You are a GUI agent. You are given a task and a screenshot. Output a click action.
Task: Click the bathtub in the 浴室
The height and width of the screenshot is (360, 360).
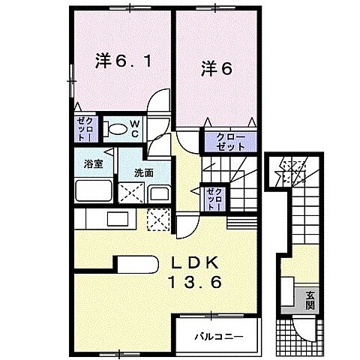pos(93,190)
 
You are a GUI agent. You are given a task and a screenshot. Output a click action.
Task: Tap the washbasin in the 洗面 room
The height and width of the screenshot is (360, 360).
pos(159,193)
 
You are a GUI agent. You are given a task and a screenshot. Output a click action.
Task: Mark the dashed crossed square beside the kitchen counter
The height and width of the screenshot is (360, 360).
pos(159,220)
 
